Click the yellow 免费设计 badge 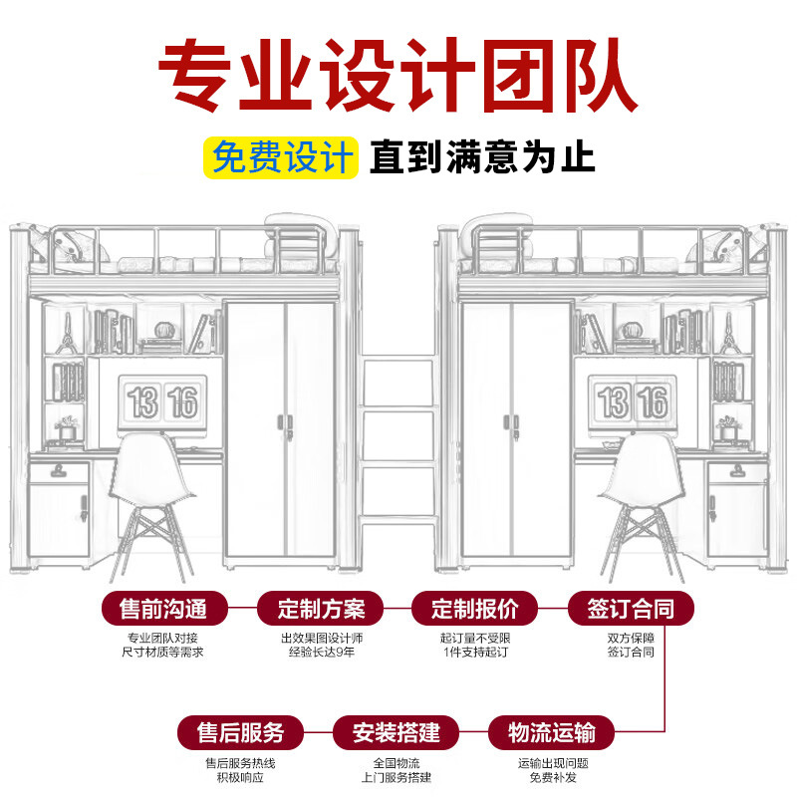pos(283,157)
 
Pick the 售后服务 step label pos(240,733)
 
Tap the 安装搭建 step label pos(397,733)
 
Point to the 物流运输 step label pos(551,733)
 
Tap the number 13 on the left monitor pos(142,402)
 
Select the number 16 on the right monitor pos(653,402)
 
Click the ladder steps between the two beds pos(397,438)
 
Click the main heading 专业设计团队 pos(398,76)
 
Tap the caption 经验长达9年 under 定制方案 pos(321,653)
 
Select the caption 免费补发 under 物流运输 pos(551,777)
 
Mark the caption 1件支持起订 pos(475,653)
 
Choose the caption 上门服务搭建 pos(397,777)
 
